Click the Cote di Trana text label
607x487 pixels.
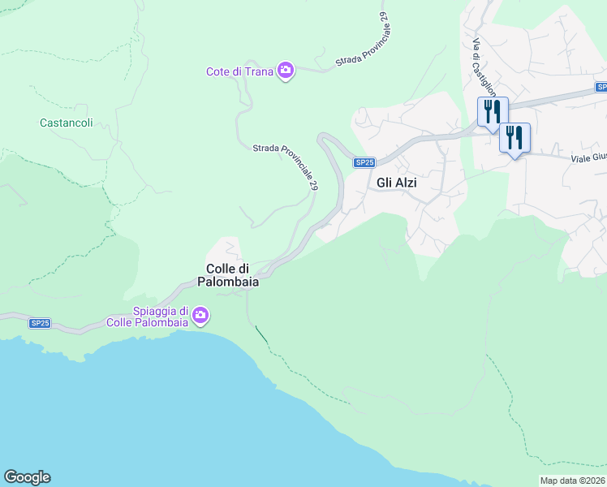point(239,71)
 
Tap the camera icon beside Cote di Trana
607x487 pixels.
point(285,71)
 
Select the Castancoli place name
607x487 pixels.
point(66,123)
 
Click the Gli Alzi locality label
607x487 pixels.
point(397,183)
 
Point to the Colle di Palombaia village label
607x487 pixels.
point(228,275)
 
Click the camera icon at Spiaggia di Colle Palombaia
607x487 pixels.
point(200,315)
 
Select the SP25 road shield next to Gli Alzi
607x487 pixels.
point(365,162)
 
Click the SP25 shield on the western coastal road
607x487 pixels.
point(40,323)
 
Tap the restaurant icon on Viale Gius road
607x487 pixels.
point(514,137)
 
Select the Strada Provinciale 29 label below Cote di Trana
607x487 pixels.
point(286,166)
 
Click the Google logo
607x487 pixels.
point(27,477)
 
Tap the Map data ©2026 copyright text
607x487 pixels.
point(572,481)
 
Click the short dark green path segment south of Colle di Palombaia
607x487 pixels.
point(260,333)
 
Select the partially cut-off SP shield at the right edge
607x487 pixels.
point(601,87)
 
